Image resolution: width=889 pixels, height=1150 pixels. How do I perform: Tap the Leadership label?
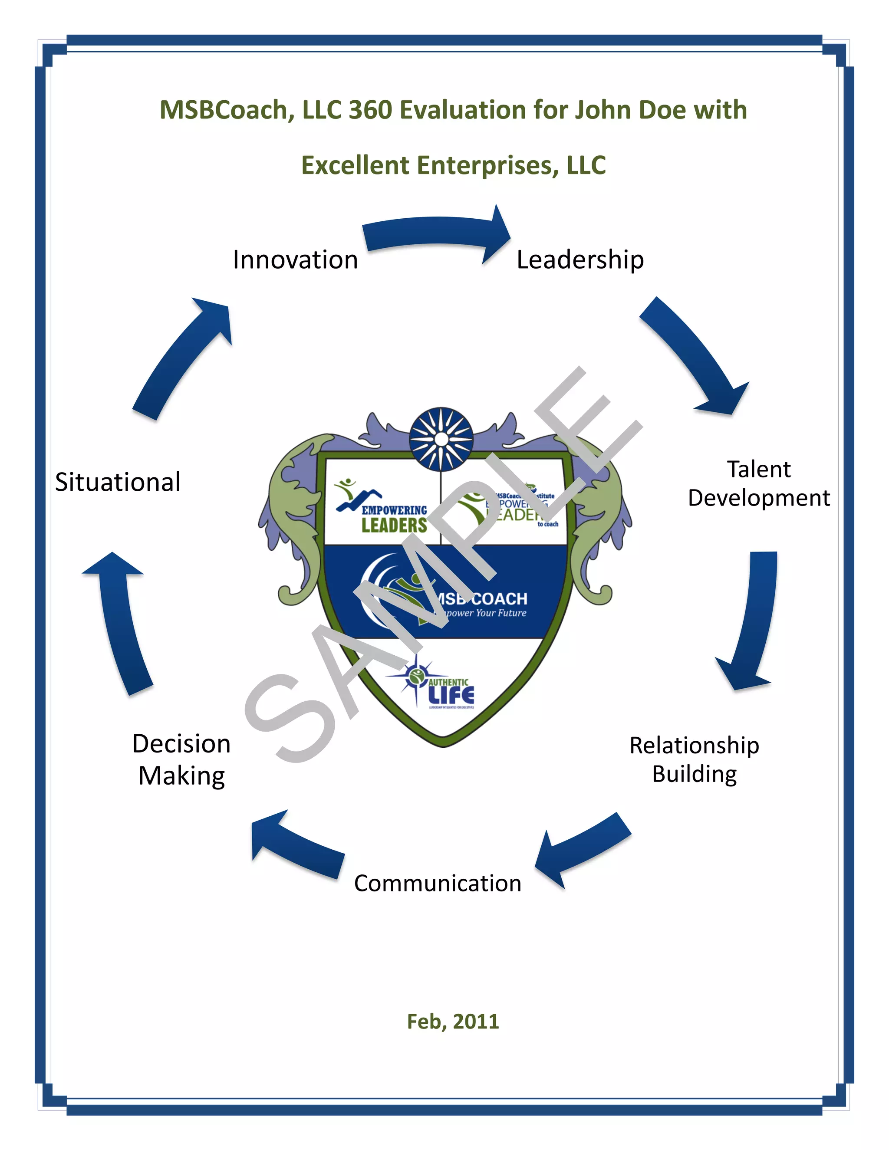click(x=580, y=260)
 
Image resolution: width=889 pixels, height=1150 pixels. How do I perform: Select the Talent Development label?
click(x=758, y=483)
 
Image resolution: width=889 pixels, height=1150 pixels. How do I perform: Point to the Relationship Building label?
click(x=694, y=760)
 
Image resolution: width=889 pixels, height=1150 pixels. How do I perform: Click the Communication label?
click(x=437, y=884)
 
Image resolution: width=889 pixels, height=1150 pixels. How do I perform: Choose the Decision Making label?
click(x=182, y=760)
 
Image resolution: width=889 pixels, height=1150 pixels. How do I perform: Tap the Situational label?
click(x=118, y=482)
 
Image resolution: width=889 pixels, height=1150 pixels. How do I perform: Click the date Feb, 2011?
click(x=453, y=1022)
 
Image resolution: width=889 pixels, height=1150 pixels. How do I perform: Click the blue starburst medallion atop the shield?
click(x=441, y=438)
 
